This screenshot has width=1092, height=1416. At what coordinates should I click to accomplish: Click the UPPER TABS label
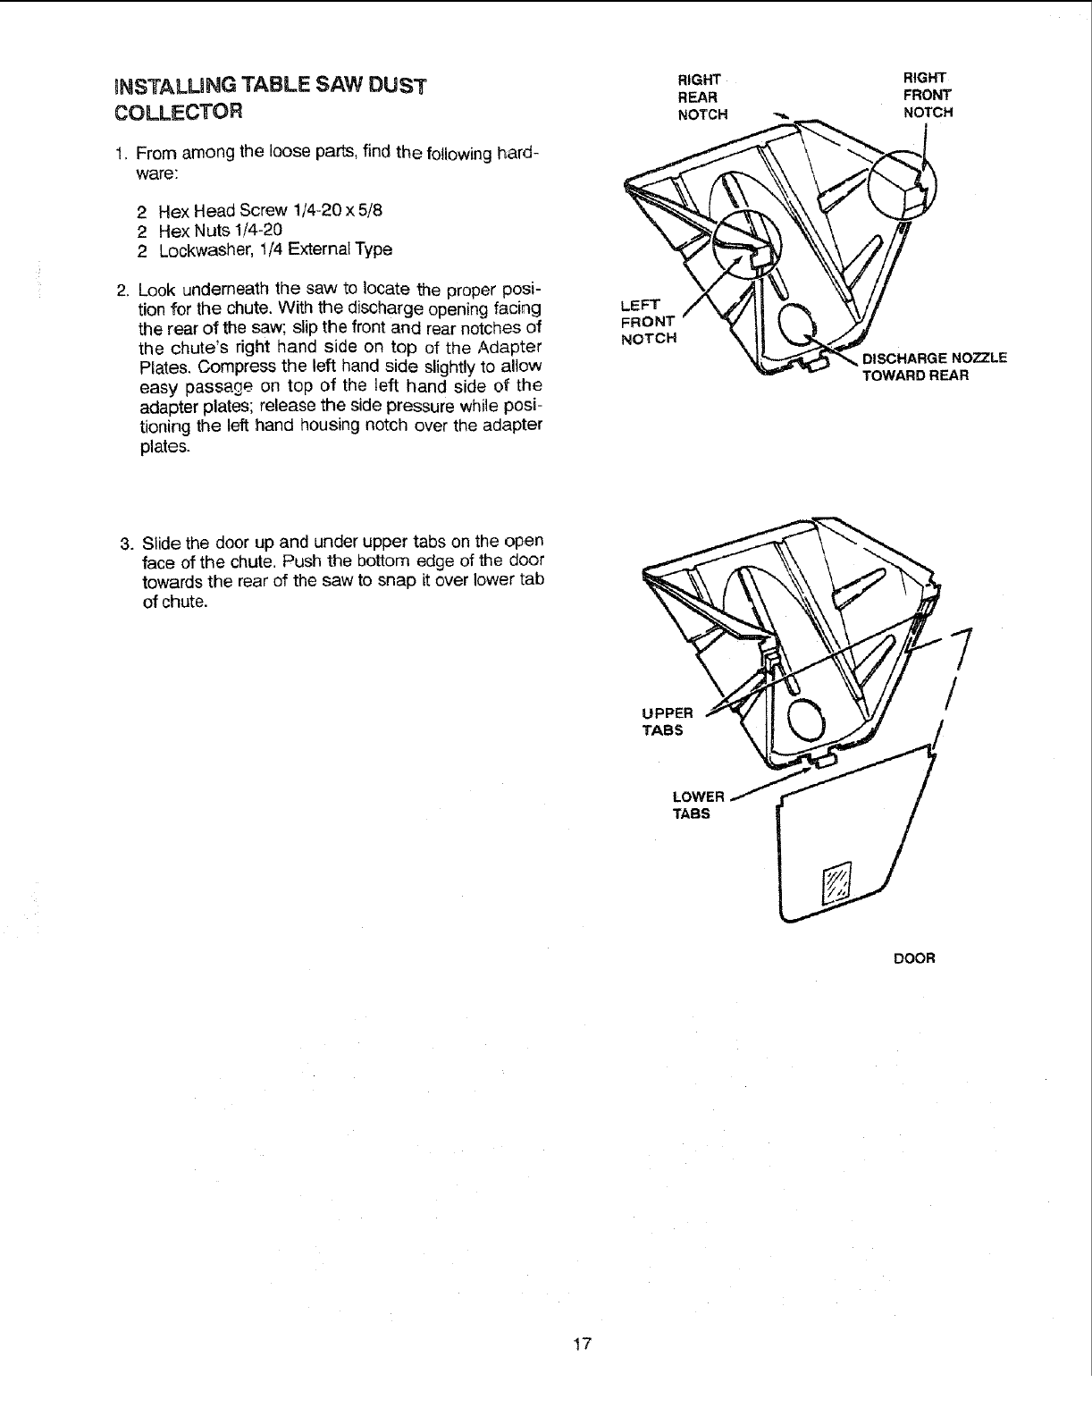(668, 721)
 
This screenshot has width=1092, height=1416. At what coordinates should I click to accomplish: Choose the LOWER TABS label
(696, 805)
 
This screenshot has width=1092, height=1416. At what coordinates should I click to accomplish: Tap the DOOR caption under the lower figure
(914, 958)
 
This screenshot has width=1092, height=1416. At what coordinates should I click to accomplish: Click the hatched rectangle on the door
(837, 886)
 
